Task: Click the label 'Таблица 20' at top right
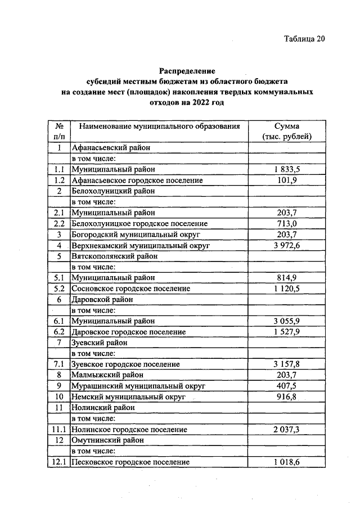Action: (x=304, y=39)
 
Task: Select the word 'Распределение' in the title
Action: (x=187, y=71)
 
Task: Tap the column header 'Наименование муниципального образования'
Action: (x=159, y=126)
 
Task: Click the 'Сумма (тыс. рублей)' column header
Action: (x=287, y=131)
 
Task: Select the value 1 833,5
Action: (x=287, y=169)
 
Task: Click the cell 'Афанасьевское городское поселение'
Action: (x=137, y=181)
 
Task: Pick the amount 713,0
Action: (x=287, y=224)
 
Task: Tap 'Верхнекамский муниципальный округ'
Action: (x=141, y=245)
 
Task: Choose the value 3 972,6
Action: (x=287, y=245)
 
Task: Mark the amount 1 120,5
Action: (x=287, y=289)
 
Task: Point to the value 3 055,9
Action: (x=287, y=321)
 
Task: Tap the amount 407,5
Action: (x=287, y=386)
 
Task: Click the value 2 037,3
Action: (x=287, y=430)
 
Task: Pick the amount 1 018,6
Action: (x=287, y=462)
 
